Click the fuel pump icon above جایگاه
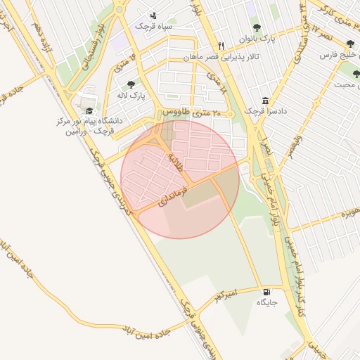click(x=266, y=292)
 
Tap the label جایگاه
click(x=267, y=302)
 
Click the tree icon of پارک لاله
click(x=131, y=84)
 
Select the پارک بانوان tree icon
click(x=257, y=28)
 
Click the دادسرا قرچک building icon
click(x=264, y=101)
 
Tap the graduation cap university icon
click(x=89, y=110)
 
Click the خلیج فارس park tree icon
click(x=350, y=44)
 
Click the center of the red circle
click(x=180, y=179)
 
